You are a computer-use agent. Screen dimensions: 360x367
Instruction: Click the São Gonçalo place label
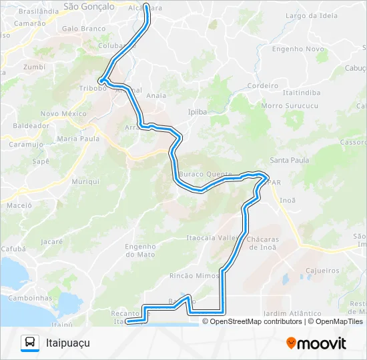point(88,6)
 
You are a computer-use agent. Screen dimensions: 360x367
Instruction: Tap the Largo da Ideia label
point(311,15)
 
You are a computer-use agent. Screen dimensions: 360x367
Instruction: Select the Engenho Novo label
point(298,49)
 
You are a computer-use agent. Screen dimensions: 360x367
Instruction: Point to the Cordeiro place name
point(262,85)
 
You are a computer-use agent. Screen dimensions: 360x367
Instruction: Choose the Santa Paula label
point(289,160)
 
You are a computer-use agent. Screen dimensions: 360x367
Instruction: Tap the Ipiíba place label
point(199,112)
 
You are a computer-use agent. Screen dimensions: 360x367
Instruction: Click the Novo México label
point(64,114)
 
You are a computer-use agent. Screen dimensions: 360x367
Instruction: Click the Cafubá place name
point(13,248)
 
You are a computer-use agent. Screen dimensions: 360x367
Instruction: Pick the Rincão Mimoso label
point(195,275)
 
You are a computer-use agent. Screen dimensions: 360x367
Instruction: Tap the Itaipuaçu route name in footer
point(67,343)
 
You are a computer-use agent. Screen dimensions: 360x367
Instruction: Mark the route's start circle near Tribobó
point(101,81)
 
